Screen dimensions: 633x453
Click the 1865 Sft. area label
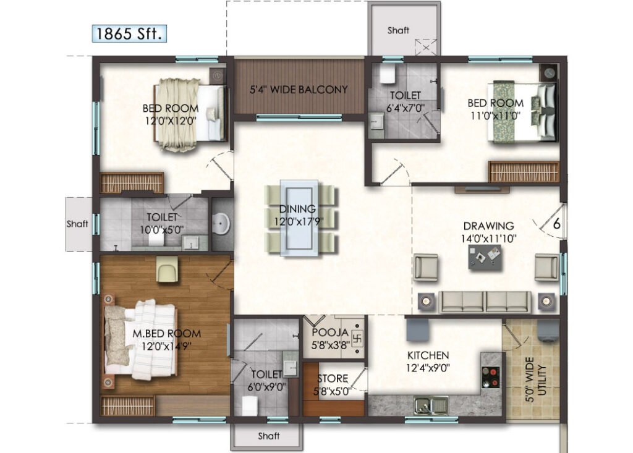tap(129, 33)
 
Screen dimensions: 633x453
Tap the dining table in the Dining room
tap(299, 218)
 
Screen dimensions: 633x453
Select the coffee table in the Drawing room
tap(485, 257)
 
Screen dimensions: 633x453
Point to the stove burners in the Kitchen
tap(490, 377)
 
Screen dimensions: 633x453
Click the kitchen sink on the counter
tap(431, 405)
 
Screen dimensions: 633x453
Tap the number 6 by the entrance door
tap(557, 224)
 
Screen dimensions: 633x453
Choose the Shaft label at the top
tap(398, 30)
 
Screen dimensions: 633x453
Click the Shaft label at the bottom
tap(268, 436)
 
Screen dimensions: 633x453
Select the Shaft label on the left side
tap(77, 224)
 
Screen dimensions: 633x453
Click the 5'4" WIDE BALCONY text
tap(299, 89)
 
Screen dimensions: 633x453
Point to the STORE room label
tap(333, 379)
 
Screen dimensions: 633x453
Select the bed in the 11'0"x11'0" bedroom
tap(520, 112)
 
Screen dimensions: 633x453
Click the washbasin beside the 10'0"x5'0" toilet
tap(221, 223)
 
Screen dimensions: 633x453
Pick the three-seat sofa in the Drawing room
tap(485, 302)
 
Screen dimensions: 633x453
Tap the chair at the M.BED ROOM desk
tap(168, 269)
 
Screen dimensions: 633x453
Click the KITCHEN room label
tap(428, 356)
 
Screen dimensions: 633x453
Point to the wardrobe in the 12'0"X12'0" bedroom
tap(132, 182)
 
